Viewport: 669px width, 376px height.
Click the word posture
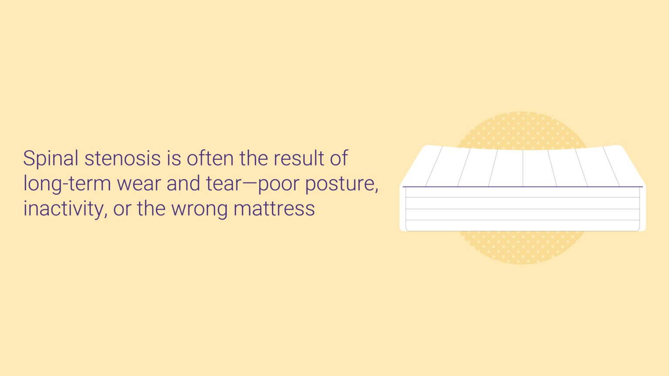341,184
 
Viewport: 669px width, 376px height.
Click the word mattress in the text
274,208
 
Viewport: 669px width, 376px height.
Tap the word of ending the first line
338,158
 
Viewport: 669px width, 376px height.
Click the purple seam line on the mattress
523,187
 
